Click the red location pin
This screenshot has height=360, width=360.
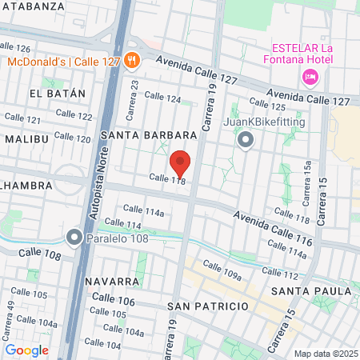click(181, 163)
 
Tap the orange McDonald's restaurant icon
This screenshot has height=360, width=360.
click(133, 60)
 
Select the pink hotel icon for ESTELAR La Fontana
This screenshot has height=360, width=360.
click(310, 77)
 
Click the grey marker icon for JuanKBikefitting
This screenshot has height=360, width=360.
click(246, 141)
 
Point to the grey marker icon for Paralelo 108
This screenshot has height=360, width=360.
click(74, 238)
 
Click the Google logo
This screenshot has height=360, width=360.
click(27, 350)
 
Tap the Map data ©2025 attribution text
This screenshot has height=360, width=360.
click(324, 353)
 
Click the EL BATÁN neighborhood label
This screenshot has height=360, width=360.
click(57, 94)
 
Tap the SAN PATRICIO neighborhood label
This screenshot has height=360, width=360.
click(205, 306)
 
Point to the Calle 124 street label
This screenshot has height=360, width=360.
click(162, 97)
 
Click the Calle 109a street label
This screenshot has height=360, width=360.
click(222, 270)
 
